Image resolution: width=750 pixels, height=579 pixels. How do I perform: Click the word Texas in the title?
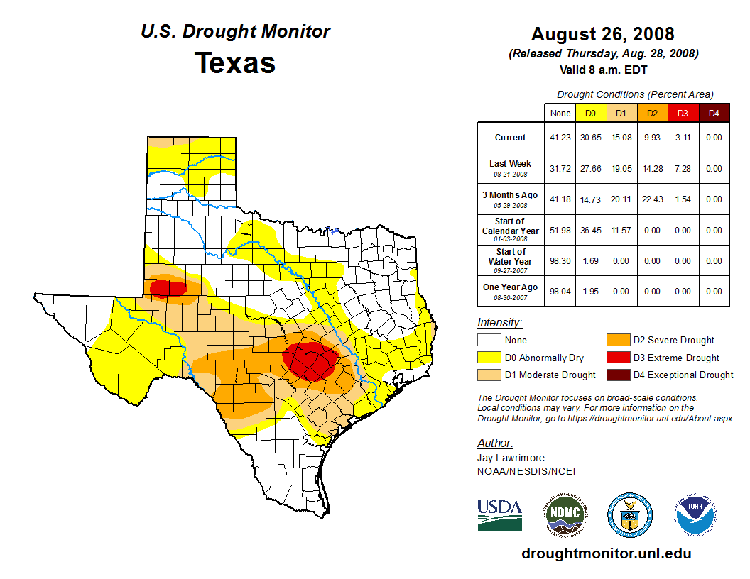tap(235, 62)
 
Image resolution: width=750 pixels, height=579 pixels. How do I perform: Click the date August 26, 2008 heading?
tap(602, 34)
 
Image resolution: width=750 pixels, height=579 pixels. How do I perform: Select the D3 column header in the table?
tap(683, 113)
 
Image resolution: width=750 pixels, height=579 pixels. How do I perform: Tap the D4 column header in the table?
tap(714, 113)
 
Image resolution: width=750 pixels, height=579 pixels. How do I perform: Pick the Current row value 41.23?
tap(560, 138)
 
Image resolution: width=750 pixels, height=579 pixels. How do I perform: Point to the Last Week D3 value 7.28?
tap(683, 169)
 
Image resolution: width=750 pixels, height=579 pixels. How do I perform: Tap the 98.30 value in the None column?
tap(560, 261)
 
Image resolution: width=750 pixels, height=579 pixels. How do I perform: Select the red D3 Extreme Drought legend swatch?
tap(616, 358)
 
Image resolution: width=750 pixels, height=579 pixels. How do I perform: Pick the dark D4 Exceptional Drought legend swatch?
tap(616, 375)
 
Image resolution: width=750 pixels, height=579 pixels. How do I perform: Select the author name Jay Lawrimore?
tap(511, 458)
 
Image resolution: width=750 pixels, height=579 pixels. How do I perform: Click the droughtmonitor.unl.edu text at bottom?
tap(607, 553)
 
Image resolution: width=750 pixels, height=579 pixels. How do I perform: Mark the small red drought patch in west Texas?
tap(167, 288)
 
